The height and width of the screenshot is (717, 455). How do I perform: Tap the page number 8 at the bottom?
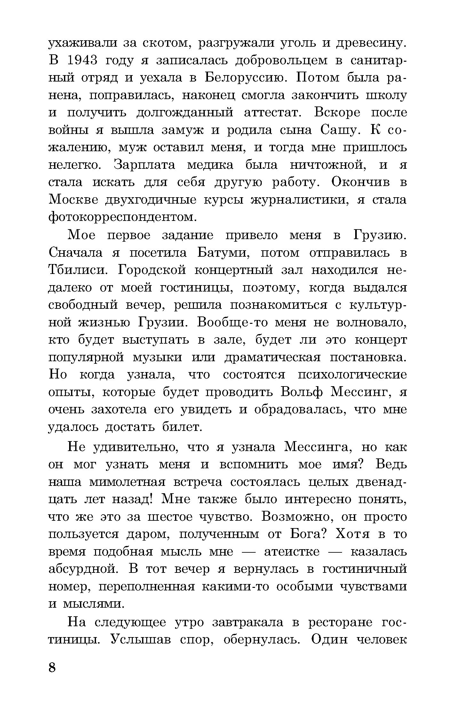click(x=52, y=667)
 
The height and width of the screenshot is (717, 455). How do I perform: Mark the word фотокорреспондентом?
click(x=122, y=217)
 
